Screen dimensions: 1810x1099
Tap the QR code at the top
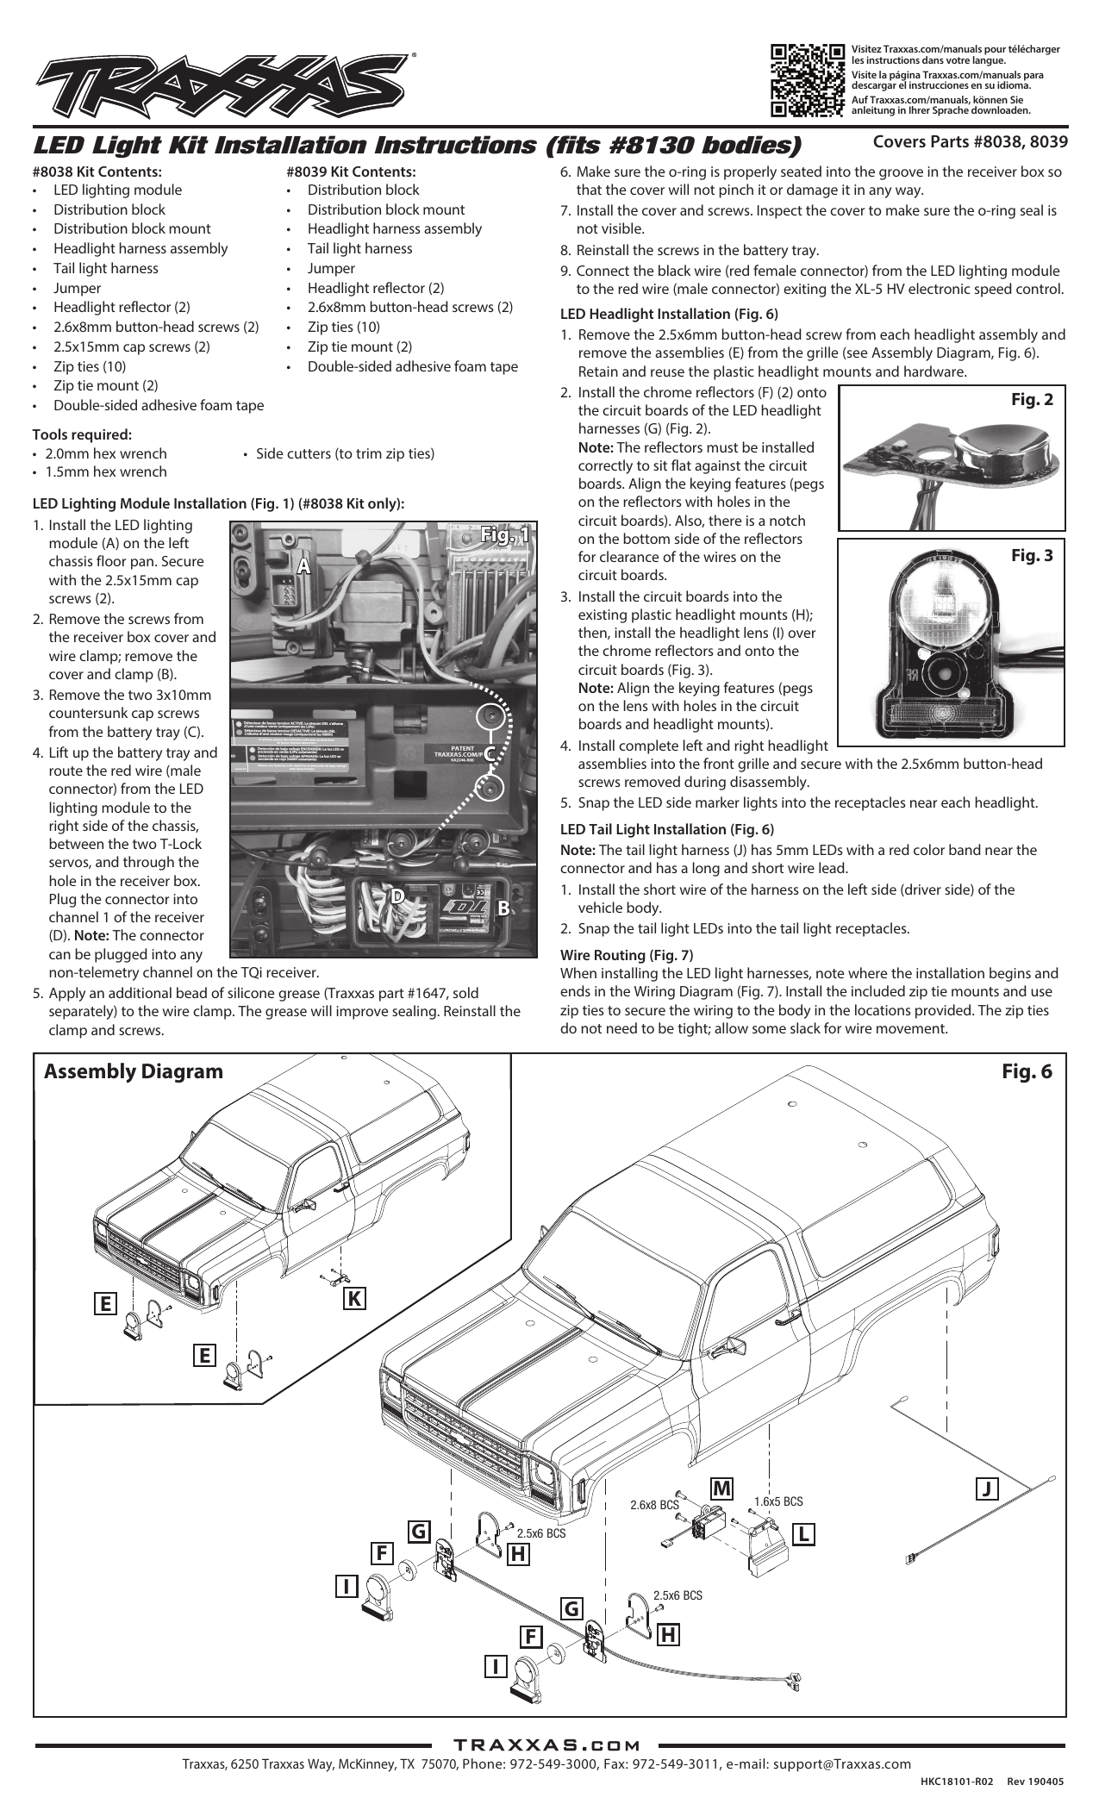click(x=807, y=79)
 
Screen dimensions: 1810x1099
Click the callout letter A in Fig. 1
click(x=303, y=565)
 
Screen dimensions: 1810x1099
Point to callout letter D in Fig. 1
click(x=398, y=896)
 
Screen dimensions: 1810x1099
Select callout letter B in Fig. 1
click(x=504, y=908)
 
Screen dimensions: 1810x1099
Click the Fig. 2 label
click(x=1031, y=400)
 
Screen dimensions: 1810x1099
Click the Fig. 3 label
click(x=1031, y=556)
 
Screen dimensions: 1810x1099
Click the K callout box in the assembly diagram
click(x=353, y=1298)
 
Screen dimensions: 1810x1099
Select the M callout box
click(x=721, y=1489)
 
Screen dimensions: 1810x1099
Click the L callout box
click(x=803, y=1534)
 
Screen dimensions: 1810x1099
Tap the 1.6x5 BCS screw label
click(x=777, y=1501)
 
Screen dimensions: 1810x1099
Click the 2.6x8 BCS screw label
click(x=653, y=1506)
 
